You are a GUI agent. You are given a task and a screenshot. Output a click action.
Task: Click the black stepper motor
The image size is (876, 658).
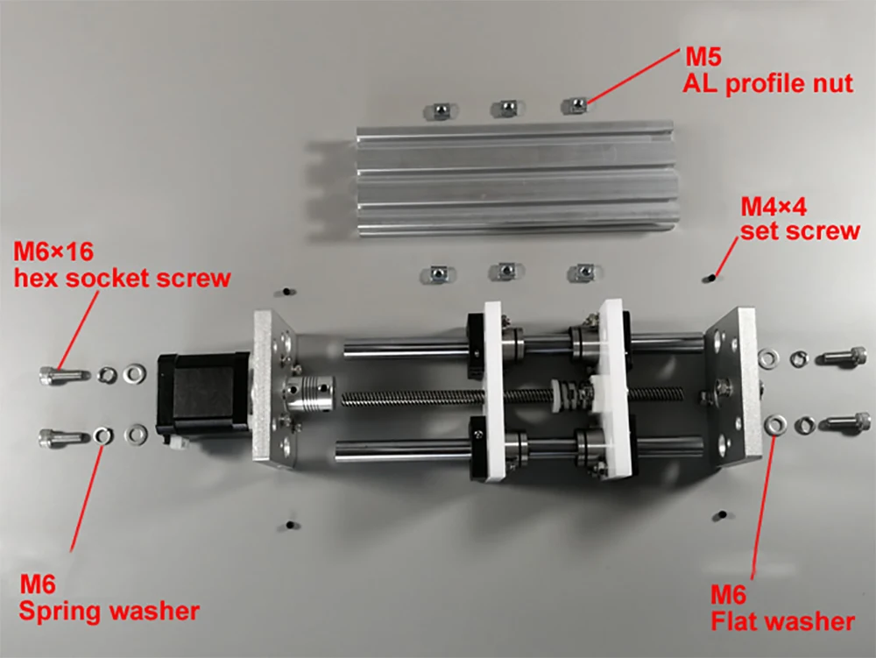click(x=204, y=399)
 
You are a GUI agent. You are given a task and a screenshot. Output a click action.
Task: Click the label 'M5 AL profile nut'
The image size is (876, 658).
click(x=768, y=71)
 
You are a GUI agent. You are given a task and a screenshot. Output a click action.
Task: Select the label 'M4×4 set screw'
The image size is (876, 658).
click(x=800, y=218)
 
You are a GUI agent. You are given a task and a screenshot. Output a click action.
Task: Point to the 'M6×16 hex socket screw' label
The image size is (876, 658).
click(x=122, y=265)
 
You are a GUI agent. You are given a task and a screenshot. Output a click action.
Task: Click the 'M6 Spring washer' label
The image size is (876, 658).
click(x=109, y=598)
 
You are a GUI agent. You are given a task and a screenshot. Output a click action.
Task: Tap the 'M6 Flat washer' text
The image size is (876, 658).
click(x=782, y=608)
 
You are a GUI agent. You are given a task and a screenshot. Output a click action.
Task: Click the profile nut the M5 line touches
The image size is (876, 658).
click(x=575, y=105)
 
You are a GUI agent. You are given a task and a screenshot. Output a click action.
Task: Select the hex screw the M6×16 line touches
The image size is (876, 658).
click(x=64, y=375)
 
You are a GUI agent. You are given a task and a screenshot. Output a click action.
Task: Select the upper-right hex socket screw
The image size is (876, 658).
click(x=842, y=356)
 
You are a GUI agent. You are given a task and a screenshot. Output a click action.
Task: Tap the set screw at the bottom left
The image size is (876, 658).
click(x=289, y=525)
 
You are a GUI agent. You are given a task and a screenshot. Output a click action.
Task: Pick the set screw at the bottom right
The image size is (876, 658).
click(x=722, y=514)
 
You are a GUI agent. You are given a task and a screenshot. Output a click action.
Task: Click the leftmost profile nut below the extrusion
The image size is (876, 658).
click(x=438, y=273)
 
